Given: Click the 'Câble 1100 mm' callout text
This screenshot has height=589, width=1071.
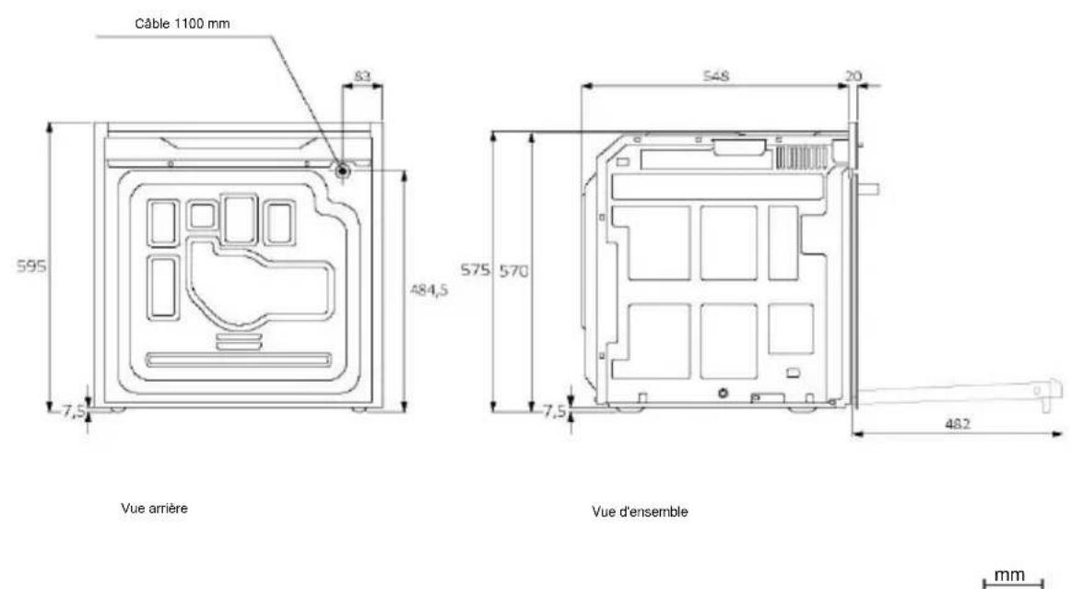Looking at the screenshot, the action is pyautogui.click(x=182, y=24).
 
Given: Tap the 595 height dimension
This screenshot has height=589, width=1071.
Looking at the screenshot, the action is pyautogui.click(x=32, y=266).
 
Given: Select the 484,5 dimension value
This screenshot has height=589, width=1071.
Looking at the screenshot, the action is pyautogui.click(x=429, y=289).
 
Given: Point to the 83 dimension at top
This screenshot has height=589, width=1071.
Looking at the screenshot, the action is pyautogui.click(x=363, y=76).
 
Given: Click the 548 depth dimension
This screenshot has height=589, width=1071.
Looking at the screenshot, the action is pyautogui.click(x=716, y=76).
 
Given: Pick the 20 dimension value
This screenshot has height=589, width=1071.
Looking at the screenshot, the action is pyautogui.click(x=853, y=76).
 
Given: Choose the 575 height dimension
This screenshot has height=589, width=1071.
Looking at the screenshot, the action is pyautogui.click(x=475, y=270).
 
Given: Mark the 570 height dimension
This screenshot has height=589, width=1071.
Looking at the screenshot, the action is pyautogui.click(x=513, y=271).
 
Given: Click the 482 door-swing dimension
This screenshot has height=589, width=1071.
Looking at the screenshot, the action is pyautogui.click(x=957, y=424).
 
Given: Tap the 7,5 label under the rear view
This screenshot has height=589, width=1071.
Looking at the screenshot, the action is pyautogui.click(x=74, y=411).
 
